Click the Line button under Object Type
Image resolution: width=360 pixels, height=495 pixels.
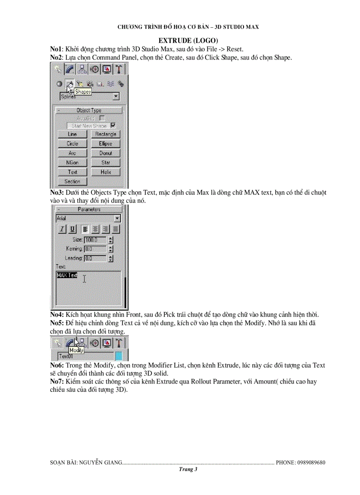point(72,134)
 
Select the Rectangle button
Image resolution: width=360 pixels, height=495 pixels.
point(105,134)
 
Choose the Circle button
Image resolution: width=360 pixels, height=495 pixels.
point(72,144)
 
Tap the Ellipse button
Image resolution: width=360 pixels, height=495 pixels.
point(105,144)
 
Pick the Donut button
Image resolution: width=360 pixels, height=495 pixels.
point(105,153)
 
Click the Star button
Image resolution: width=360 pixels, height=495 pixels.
point(105,163)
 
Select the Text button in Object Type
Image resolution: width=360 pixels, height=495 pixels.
point(72,172)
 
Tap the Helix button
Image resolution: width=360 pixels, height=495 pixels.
point(105,172)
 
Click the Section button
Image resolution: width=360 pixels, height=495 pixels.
point(72,181)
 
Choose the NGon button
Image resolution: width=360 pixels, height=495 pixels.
point(72,163)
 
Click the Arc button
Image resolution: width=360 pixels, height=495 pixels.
point(72,153)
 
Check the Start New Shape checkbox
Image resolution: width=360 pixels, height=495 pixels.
point(113,125)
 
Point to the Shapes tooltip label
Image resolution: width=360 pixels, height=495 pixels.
point(82,92)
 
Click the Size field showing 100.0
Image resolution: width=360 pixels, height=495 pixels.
point(94,240)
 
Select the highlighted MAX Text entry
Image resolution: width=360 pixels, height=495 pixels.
point(67,275)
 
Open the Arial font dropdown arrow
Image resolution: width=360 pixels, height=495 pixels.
point(117,218)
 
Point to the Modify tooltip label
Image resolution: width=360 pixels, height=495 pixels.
point(76,350)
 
